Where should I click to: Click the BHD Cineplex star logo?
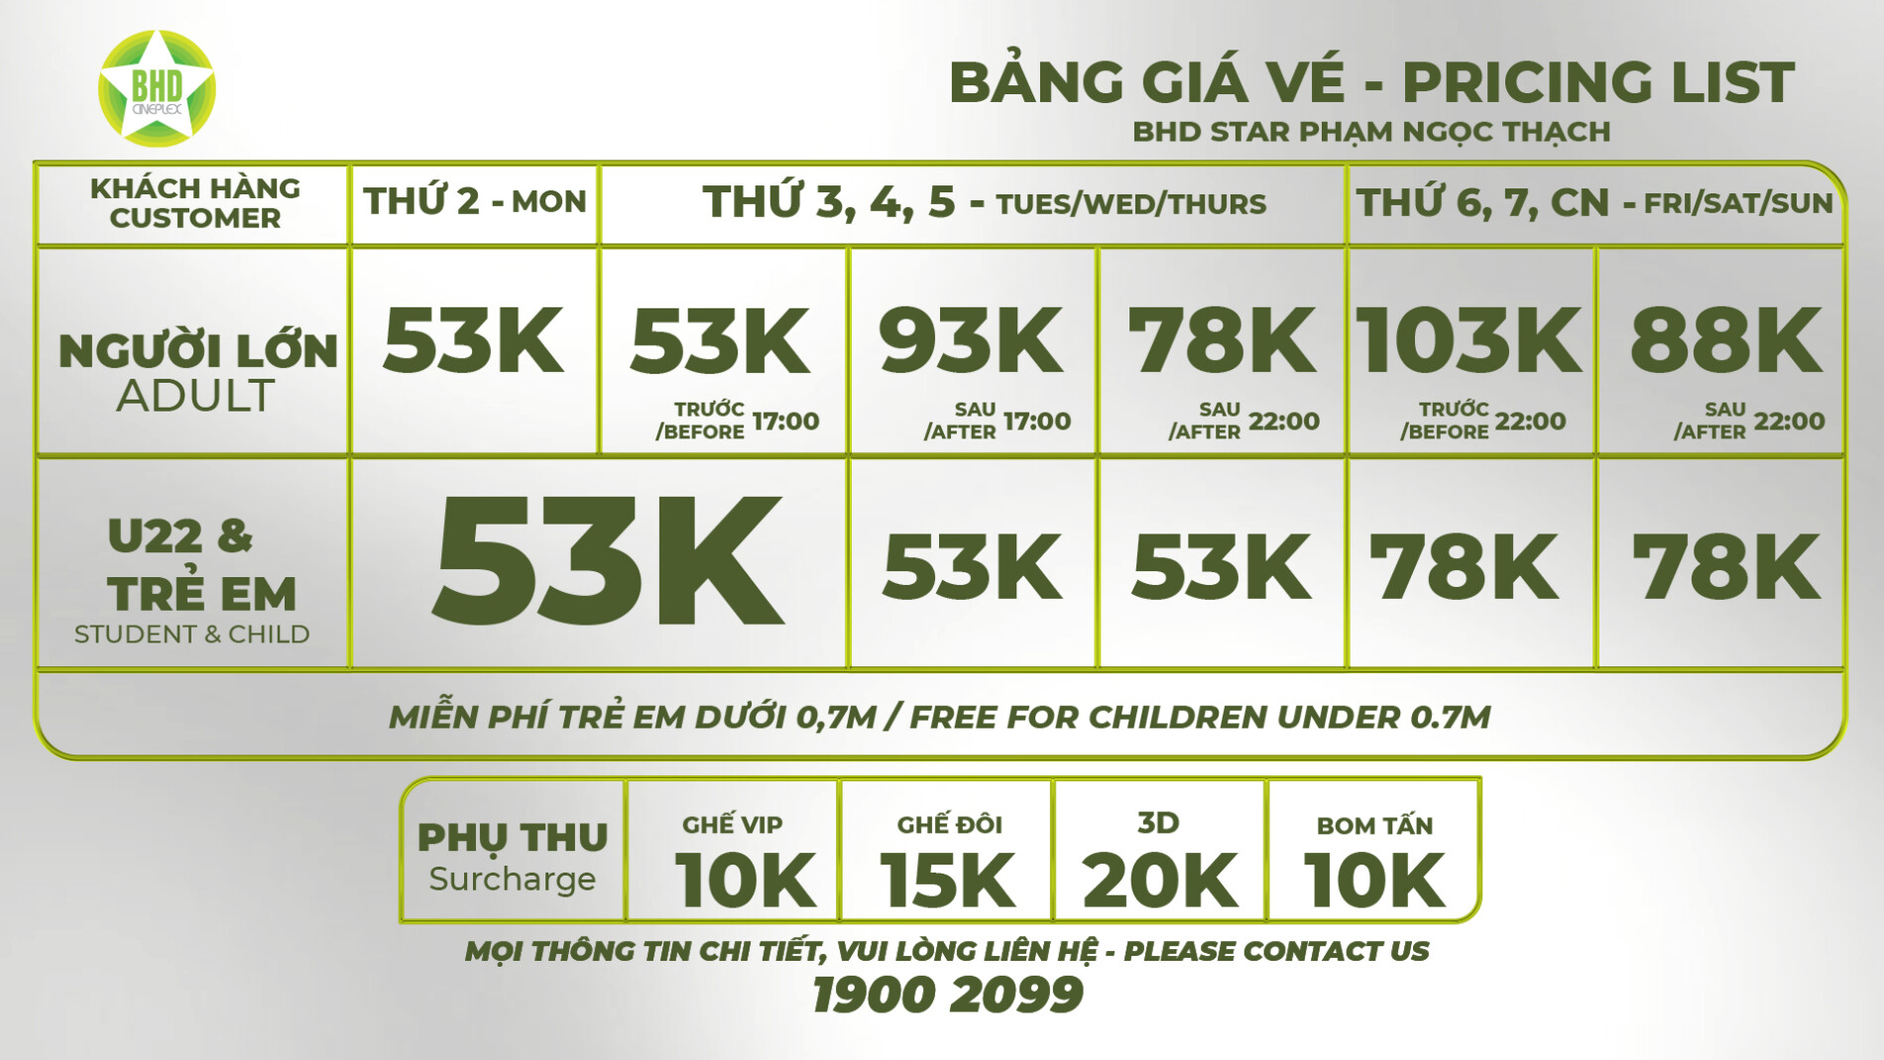(x=157, y=88)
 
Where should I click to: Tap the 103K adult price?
(x=1469, y=341)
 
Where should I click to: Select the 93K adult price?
(x=971, y=341)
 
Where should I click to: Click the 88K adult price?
(x=1725, y=341)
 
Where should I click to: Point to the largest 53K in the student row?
(x=608, y=560)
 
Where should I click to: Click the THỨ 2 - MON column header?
(x=475, y=202)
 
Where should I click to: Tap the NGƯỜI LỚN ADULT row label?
(x=197, y=373)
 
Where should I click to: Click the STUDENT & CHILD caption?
(x=192, y=635)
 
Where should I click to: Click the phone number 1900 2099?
(x=947, y=995)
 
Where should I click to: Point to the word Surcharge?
(x=512, y=880)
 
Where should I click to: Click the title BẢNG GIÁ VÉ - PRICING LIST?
(x=1371, y=82)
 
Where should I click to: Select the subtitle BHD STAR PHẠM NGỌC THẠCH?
(x=1371, y=132)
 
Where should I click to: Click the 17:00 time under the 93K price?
(x=1037, y=421)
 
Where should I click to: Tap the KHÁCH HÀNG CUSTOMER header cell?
(x=194, y=203)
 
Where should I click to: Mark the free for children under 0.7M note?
(x=940, y=717)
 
